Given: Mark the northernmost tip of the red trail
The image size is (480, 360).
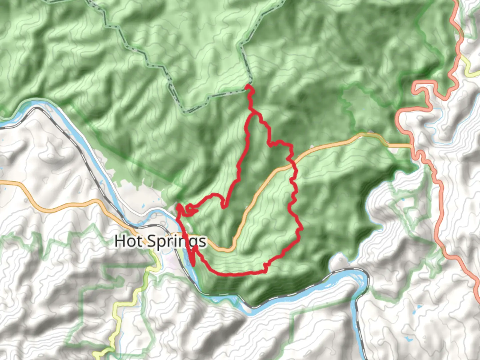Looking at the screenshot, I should pyautogui.click(x=248, y=86).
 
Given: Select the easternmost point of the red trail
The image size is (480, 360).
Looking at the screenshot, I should pyautogui.click(x=301, y=229).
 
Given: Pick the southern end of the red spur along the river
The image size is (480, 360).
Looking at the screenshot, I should pyautogui.click(x=193, y=265).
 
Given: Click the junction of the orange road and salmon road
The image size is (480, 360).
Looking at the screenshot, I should pyautogui.click(x=412, y=146).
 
